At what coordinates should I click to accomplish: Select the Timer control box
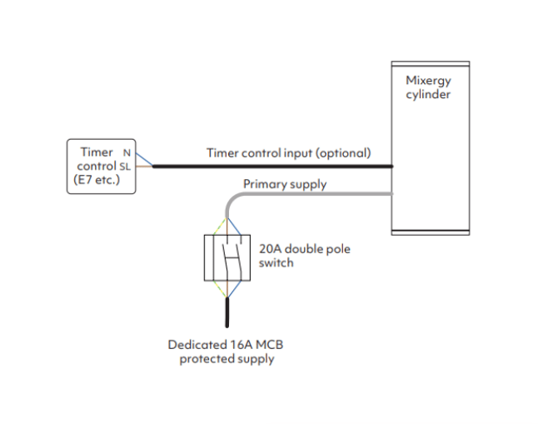pyautogui.click(x=101, y=167)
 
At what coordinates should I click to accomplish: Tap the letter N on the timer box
pyautogui.click(x=127, y=152)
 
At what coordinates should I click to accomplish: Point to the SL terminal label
pyautogui.click(x=125, y=166)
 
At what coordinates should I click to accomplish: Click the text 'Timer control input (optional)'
pyautogui.click(x=288, y=153)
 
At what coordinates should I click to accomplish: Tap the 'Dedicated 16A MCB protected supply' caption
pyautogui.click(x=227, y=352)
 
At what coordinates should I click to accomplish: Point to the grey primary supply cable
pyautogui.click(x=316, y=195)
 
